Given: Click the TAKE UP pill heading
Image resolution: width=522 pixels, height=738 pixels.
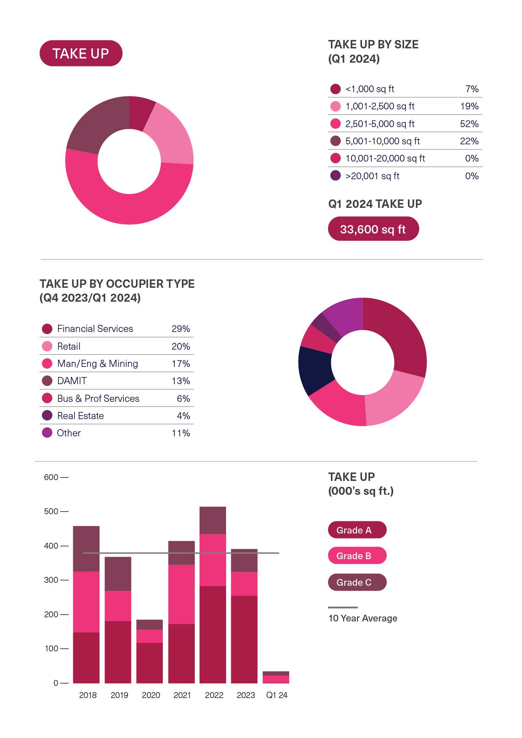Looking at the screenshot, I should pos(81,53).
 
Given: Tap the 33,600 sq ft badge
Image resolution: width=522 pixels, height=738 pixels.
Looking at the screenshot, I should pos(373,229).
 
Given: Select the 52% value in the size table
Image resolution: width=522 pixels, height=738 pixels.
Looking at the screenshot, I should pos(469,124).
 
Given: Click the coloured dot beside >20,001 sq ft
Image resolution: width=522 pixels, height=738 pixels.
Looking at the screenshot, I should pos(336,175).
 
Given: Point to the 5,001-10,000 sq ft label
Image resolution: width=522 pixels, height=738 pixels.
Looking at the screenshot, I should pos(382,141).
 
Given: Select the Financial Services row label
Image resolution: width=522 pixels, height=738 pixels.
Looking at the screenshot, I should pos(95,329).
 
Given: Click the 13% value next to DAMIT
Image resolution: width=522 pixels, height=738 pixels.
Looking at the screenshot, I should pos(181,381).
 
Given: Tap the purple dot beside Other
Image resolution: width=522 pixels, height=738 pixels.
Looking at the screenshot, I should pos(47,433).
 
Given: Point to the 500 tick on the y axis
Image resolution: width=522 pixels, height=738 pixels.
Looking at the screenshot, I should pos(51,511).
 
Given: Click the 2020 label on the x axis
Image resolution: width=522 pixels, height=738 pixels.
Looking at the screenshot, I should pos(151,695).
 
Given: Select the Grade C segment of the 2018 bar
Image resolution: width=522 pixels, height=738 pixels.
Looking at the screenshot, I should pos(86,548).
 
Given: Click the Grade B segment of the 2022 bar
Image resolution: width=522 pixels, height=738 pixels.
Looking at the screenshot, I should pos(213,560).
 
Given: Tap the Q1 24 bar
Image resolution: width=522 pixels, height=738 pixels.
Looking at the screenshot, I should pos(276,677).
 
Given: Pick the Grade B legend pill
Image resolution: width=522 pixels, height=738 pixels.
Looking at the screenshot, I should pos(357,556).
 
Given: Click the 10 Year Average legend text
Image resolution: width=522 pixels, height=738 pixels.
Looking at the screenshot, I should pos(362,618).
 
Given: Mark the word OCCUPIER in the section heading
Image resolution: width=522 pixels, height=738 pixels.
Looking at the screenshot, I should pos(134,284).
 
